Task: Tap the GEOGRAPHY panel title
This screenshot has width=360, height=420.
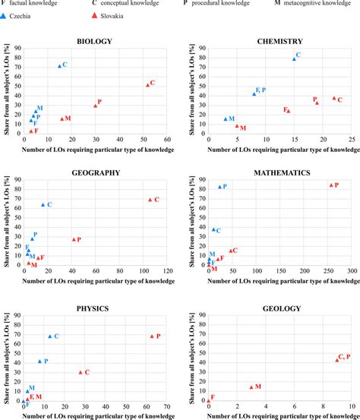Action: tap(96, 172)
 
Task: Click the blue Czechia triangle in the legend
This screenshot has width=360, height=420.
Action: tap(5, 15)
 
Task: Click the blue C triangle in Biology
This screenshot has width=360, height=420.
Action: tap(60, 65)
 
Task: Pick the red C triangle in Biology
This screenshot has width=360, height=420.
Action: tap(147, 84)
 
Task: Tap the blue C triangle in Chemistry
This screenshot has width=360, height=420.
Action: tap(294, 58)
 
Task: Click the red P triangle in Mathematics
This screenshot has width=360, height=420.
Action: tap(330, 185)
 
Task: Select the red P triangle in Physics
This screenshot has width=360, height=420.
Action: tap(152, 336)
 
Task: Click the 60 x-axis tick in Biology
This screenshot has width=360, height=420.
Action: tap(167, 140)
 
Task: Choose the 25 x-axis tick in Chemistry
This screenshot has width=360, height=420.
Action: tap(352, 140)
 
